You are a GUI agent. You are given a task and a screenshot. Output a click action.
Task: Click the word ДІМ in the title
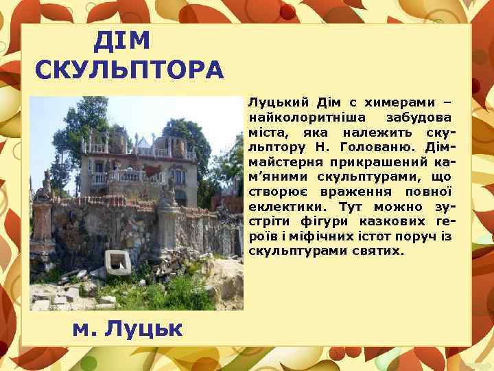click(121, 42)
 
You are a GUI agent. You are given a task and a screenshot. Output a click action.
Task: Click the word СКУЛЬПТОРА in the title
click(130, 70)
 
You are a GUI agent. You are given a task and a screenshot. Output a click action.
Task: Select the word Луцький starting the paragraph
click(273, 102)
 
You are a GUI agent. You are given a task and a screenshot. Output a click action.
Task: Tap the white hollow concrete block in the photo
click(118, 262)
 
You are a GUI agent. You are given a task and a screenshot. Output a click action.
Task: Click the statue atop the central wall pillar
click(167, 193)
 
